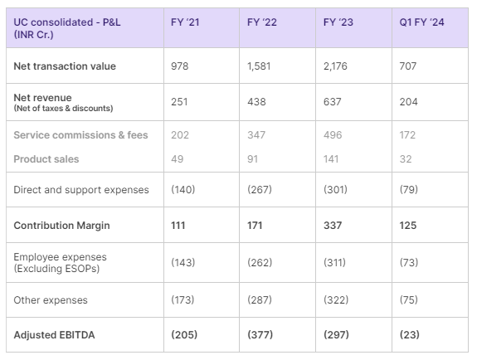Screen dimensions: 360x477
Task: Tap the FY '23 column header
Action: pos(338,22)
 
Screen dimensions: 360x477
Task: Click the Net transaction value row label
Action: pos(65,66)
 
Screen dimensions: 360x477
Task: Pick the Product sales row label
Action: pos(46,158)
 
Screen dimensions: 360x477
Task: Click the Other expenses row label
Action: pos(51,299)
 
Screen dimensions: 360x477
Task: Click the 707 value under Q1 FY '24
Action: pos(410,66)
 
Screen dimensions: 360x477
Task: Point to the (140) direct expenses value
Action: pos(184,190)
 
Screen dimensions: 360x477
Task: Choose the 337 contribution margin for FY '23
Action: pos(333,225)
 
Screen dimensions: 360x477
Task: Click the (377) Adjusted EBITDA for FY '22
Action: pos(260,334)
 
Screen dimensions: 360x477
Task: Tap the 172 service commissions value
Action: pos(409,134)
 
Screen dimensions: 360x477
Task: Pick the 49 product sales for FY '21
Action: pos(177,158)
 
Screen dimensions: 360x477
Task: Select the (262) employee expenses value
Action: pos(260,262)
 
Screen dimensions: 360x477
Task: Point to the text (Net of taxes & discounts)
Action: pos(63,108)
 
